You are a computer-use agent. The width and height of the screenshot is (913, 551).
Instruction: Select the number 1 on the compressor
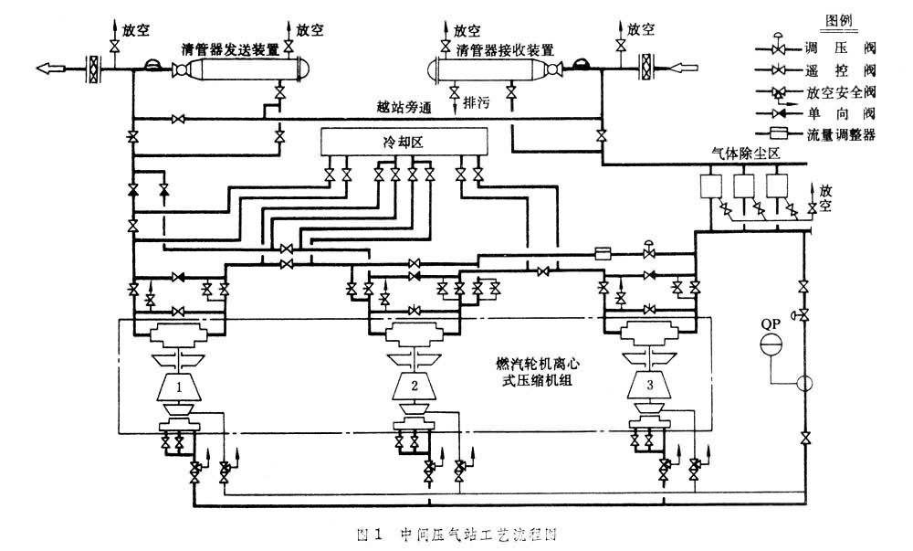(x=181, y=387)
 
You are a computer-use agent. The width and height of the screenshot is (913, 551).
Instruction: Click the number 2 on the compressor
(x=415, y=386)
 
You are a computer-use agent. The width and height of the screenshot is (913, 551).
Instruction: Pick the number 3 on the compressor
(x=649, y=386)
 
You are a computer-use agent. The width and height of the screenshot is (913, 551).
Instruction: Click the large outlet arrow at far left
(x=56, y=68)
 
